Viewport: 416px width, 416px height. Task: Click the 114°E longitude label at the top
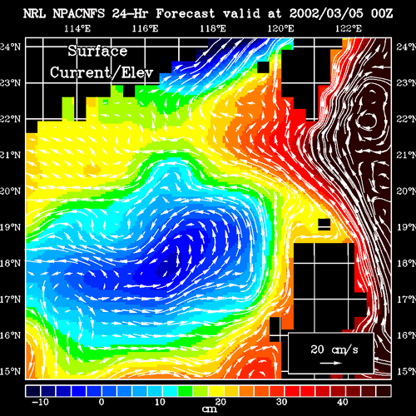click(x=77, y=28)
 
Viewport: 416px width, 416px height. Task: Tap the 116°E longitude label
click(x=145, y=28)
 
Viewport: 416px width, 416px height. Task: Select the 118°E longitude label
click(x=213, y=28)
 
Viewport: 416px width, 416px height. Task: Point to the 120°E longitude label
click(x=280, y=28)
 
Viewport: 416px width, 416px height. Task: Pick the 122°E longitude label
click(x=349, y=28)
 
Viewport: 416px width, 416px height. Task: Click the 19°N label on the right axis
click(x=406, y=227)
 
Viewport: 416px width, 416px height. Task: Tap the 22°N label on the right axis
click(x=406, y=119)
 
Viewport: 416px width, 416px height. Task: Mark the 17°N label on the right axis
click(x=406, y=300)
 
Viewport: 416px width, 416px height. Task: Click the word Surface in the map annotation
click(x=97, y=51)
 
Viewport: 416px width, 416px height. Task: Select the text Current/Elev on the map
click(x=102, y=72)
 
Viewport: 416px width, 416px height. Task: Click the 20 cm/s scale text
click(x=334, y=349)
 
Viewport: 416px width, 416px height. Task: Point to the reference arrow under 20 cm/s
click(x=330, y=363)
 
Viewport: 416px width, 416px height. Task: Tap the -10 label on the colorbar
click(x=41, y=402)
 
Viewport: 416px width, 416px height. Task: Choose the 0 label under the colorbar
click(x=102, y=402)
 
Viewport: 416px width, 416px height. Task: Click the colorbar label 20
click(x=220, y=402)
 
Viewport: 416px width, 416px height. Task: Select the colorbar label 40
click(x=343, y=402)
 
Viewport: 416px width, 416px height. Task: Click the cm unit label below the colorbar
click(x=210, y=409)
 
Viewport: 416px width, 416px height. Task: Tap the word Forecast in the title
click(x=186, y=13)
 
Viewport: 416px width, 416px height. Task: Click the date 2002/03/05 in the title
click(x=326, y=13)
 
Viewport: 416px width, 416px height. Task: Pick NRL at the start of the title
click(x=34, y=13)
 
